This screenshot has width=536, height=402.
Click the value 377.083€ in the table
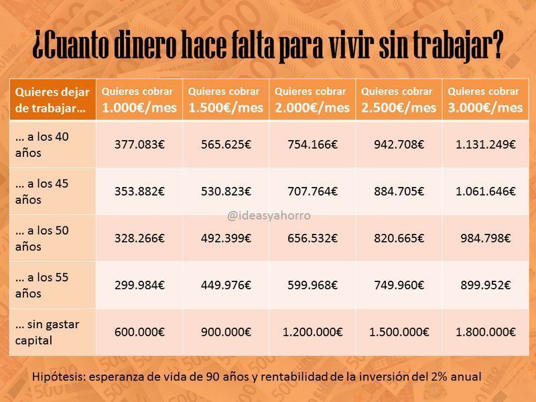(x=139, y=144)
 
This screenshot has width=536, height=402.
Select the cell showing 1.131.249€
(x=485, y=144)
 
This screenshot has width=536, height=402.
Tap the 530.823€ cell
(x=226, y=191)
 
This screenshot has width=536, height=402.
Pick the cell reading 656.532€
(x=312, y=238)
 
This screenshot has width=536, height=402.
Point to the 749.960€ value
(x=399, y=285)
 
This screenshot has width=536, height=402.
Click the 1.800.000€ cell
(x=485, y=332)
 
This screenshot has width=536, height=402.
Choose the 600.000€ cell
(x=139, y=332)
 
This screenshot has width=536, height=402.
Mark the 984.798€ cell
(x=485, y=238)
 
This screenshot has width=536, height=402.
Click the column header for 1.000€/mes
(x=139, y=99)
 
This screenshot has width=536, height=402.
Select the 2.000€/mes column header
(x=312, y=99)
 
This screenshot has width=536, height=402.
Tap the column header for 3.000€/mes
(x=485, y=99)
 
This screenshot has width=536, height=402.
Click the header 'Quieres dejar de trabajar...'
(x=52, y=100)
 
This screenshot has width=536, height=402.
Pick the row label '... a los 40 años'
(x=42, y=145)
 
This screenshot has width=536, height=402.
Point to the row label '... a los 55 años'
(x=42, y=285)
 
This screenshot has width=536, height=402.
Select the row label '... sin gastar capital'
(x=47, y=332)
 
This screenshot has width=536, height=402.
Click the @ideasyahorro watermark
(x=269, y=215)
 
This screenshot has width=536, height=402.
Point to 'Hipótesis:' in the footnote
(x=59, y=377)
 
